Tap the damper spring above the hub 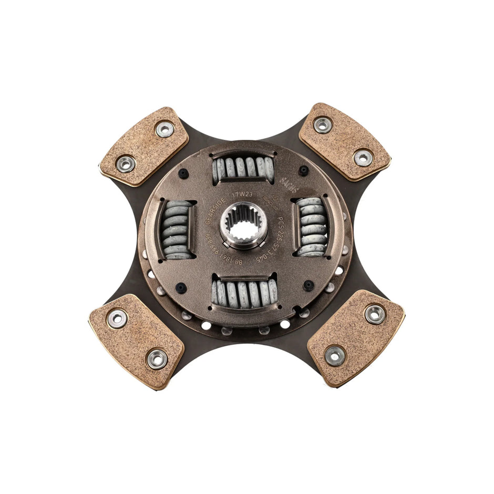point(242,168)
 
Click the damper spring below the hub point(244,292)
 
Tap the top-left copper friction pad point(143,146)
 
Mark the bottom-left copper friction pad point(136,341)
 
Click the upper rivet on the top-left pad point(164,129)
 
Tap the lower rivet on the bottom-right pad point(335,356)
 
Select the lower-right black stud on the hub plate point(308,285)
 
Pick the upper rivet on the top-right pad point(322,125)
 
